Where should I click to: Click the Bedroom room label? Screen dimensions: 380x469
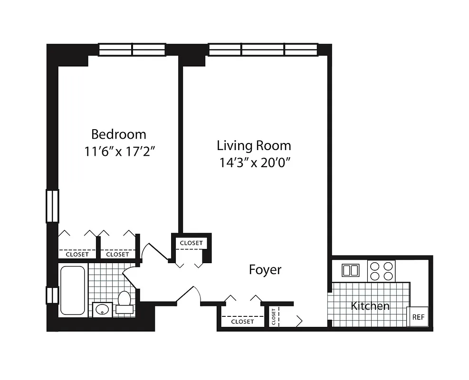coord(119,134)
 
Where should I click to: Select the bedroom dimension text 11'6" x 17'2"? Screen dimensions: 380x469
coord(121,152)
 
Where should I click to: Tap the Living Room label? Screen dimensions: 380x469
coord(254,145)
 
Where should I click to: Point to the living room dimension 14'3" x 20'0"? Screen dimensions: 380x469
coord(255,162)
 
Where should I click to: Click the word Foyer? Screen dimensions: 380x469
coord(265,270)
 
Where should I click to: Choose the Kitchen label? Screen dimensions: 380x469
coord(370,306)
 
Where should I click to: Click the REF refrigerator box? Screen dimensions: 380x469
coord(418,317)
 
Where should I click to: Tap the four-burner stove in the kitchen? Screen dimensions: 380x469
coord(382,271)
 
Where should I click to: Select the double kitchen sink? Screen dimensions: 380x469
coord(351,270)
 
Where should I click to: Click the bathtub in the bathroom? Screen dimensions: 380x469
coord(73,290)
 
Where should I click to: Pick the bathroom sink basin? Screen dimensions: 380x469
coord(102,310)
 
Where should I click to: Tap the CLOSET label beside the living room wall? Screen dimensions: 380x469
coord(191,243)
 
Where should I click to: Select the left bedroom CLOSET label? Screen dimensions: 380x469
coord(77,254)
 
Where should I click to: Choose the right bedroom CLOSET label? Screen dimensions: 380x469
coord(117,254)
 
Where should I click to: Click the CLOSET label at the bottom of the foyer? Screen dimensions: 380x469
coord(242,322)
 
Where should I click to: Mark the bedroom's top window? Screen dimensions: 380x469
coord(132,49)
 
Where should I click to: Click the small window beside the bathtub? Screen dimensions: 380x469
coord(52,295)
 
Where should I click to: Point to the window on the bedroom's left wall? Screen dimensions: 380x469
coord(52,206)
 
